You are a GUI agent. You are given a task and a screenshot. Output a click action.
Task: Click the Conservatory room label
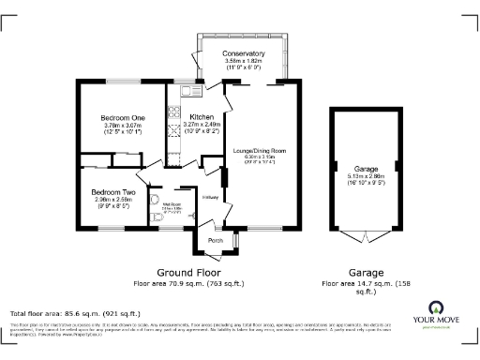[x=243, y=54]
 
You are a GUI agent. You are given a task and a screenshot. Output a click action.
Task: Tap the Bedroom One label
[x=121, y=117]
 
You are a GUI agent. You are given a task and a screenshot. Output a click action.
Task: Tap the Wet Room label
[x=171, y=203]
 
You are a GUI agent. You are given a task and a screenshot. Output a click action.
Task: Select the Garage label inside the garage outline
[x=366, y=168]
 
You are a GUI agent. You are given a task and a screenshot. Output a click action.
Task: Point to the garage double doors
[x=365, y=235]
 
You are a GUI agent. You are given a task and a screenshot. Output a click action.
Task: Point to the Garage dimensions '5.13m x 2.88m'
[x=366, y=175]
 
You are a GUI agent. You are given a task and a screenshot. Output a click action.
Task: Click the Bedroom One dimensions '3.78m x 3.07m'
[x=121, y=125]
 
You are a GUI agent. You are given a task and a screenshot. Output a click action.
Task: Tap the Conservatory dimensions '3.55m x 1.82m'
[x=243, y=61]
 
